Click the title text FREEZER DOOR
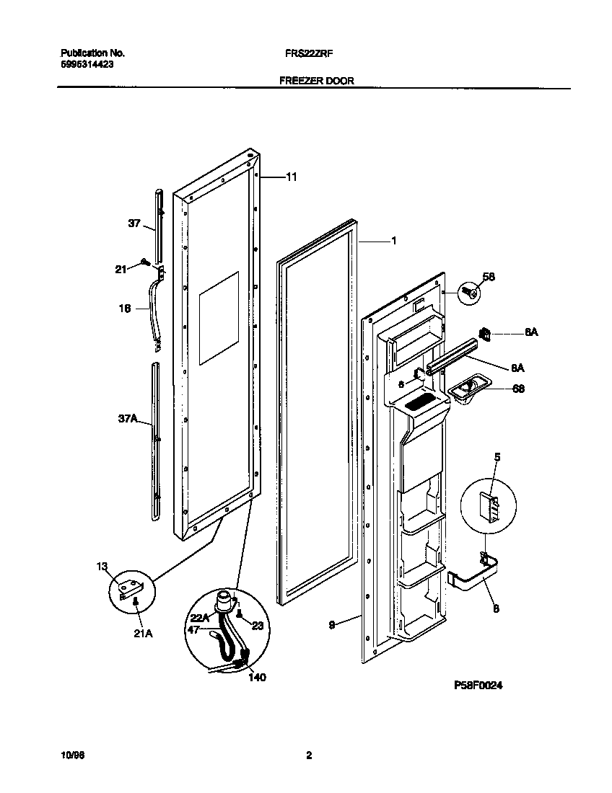point(316,81)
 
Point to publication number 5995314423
point(86,64)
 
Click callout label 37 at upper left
point(134,224)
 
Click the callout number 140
point(257,677)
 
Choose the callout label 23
point(257,626)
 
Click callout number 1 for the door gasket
point(393,242)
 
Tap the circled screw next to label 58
point(468,292)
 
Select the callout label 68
point(518,389)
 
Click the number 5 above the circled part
point(497,456)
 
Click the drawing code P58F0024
point(478,685)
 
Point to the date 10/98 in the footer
point(71,756)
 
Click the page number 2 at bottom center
point(309,756)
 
